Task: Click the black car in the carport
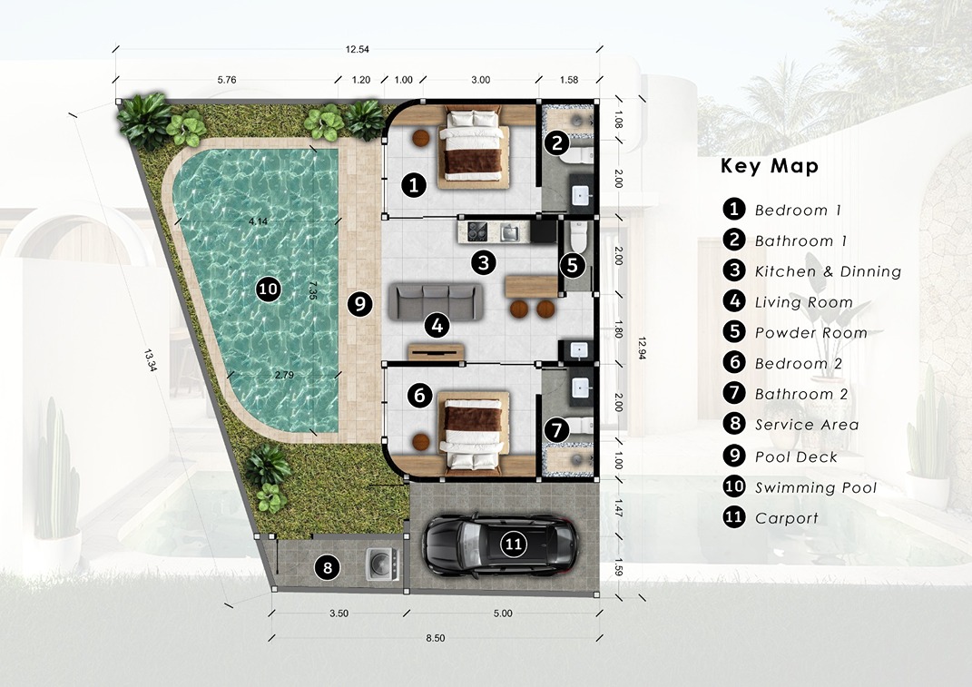pos(500,545)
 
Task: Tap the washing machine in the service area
pos(382,564)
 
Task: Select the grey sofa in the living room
pos(435,302)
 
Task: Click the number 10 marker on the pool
pos(269,289)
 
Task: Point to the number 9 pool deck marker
pos(359,304)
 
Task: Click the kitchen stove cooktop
pos(476,232)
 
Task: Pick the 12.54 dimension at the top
pos(358,50)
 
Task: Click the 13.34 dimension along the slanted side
pos(151,360)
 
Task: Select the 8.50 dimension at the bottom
pos(436,638)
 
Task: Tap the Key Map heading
pos(770,166)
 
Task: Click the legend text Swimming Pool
pos(816,488)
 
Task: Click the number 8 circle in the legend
pos(734,424)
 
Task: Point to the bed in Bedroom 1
pos(474,149)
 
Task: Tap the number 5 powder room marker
pos(572,265)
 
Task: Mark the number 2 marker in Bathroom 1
pos(556,143)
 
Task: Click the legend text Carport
pos(787,518)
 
